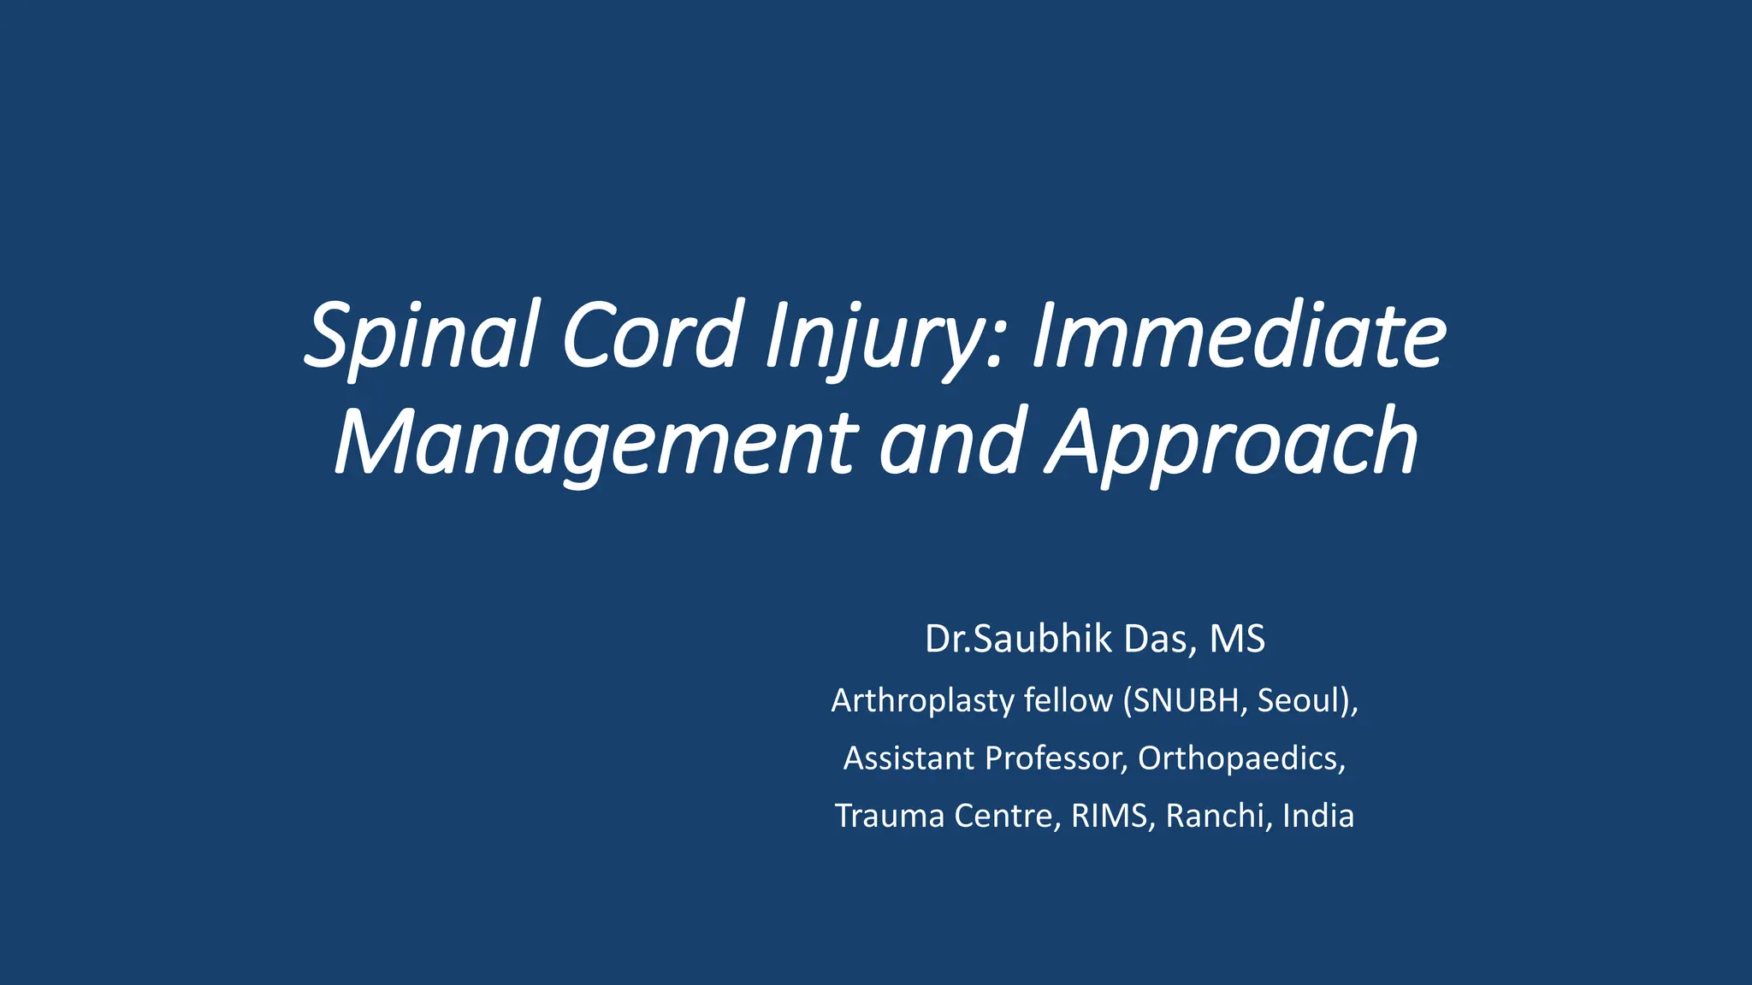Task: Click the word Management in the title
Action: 595,443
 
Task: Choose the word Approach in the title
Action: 1232,443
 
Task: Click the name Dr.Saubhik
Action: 1018,640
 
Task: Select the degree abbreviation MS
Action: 1237,640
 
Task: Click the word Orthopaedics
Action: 1239,758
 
